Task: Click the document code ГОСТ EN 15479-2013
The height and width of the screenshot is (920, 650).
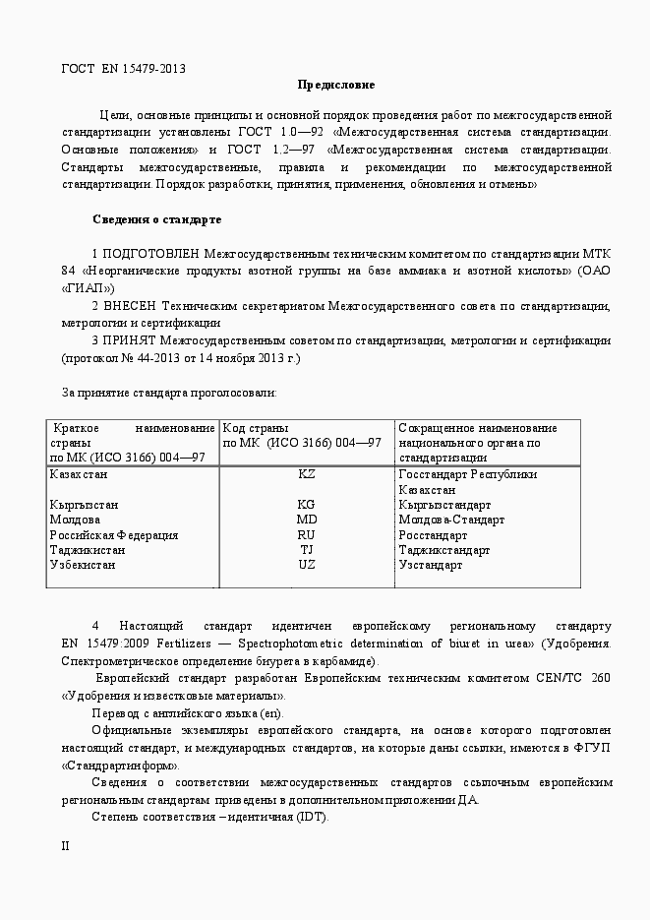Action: point(124,69)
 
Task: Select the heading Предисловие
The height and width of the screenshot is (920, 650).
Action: point(336,85)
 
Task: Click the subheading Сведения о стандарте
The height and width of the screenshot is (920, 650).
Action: point(156,218)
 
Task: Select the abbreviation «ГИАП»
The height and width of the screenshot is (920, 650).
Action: point(88,288)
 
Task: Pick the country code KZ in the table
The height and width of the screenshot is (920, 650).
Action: point(307,474)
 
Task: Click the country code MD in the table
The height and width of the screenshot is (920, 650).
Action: point(307,520)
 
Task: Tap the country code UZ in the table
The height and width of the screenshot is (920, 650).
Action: point(307,566)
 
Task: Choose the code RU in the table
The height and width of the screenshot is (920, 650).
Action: point(307,535)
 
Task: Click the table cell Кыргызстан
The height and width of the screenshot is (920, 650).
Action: point(84,505)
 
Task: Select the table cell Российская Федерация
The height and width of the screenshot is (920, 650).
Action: point(114,535)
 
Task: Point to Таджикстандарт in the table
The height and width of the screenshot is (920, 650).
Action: point(444,551)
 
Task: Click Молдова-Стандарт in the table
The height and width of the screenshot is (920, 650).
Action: point(451,520)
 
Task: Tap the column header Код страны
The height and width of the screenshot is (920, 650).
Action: point(257,428)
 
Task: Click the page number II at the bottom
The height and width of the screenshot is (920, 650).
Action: point(66,846)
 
